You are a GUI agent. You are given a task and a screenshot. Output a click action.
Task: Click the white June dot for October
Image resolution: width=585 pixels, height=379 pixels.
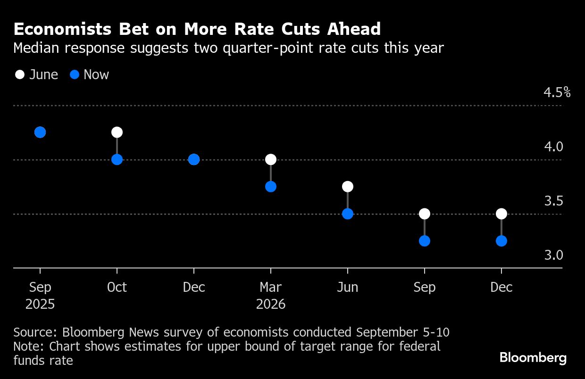117,132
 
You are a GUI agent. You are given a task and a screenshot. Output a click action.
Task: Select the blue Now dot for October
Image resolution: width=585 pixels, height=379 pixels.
117,159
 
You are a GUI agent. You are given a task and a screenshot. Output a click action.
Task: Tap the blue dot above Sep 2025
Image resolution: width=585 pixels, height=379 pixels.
40,132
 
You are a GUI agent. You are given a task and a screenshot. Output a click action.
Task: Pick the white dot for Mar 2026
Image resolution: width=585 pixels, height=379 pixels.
271,159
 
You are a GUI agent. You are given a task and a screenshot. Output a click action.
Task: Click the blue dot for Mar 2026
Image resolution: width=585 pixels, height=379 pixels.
271,187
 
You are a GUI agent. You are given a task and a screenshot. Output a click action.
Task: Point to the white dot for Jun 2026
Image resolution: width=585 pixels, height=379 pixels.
348,187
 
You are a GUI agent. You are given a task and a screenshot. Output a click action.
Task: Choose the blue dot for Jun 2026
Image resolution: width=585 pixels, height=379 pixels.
348,214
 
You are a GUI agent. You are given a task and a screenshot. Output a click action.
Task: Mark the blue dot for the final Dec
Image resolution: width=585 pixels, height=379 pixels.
501,241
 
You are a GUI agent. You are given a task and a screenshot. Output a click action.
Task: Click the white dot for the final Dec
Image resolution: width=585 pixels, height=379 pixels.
501,214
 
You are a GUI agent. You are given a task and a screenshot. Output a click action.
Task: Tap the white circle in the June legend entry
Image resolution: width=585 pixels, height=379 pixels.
20,74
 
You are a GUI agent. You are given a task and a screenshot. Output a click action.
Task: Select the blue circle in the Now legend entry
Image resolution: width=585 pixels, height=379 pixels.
75,74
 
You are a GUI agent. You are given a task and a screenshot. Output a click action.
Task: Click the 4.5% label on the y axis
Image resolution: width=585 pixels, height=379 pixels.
557,92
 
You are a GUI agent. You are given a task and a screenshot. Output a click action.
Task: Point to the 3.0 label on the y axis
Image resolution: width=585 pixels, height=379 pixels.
554,255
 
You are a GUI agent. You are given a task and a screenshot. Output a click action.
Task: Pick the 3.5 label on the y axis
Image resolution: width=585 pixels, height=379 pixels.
554,201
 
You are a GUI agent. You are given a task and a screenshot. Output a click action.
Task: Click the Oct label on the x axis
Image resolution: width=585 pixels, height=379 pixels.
117,287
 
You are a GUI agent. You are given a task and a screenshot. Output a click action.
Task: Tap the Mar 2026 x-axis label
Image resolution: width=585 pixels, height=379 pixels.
271,296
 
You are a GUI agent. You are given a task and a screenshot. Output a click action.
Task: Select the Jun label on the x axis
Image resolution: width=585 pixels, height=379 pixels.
348,287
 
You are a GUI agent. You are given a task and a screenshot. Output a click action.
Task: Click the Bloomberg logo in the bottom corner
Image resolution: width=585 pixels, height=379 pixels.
533,358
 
